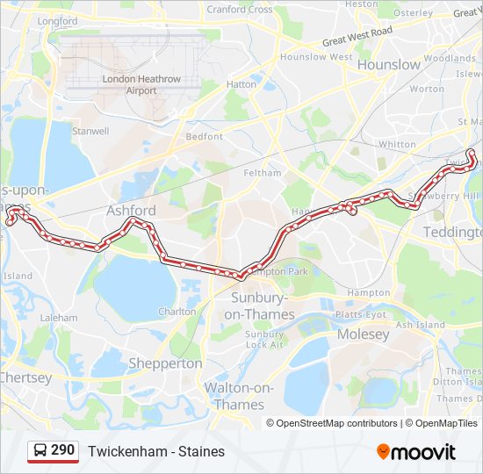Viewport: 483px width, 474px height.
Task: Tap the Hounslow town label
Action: click(x=390, y=64)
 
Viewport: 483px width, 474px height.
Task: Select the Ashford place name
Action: click(x=131, y=211)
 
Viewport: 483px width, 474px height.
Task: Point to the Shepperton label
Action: click(x=165, y=363)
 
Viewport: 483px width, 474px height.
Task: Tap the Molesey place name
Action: click(x=363, y=334)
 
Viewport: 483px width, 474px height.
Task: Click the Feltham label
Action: click(x=263, y=173)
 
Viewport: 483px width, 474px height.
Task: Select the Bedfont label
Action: click(x=205, y=137)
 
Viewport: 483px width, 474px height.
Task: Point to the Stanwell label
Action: click(x=90, y=132)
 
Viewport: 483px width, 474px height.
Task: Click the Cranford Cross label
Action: click(x=239, y=10)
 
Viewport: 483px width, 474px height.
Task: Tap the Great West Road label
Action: click(x=357, y=37)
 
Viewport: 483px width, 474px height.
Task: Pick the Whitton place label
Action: click(x=397, y=144)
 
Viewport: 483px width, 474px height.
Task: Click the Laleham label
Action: click(x=58, y=317)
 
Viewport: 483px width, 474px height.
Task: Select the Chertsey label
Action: click(x=25, y=377)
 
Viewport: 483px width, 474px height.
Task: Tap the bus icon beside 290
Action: click(x=40, y=450)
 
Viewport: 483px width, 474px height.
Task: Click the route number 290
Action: click(x=62, y=450)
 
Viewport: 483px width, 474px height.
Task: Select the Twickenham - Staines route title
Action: click(x=156, y=451)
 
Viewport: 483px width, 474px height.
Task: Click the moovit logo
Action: click(x=416, y=452)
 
